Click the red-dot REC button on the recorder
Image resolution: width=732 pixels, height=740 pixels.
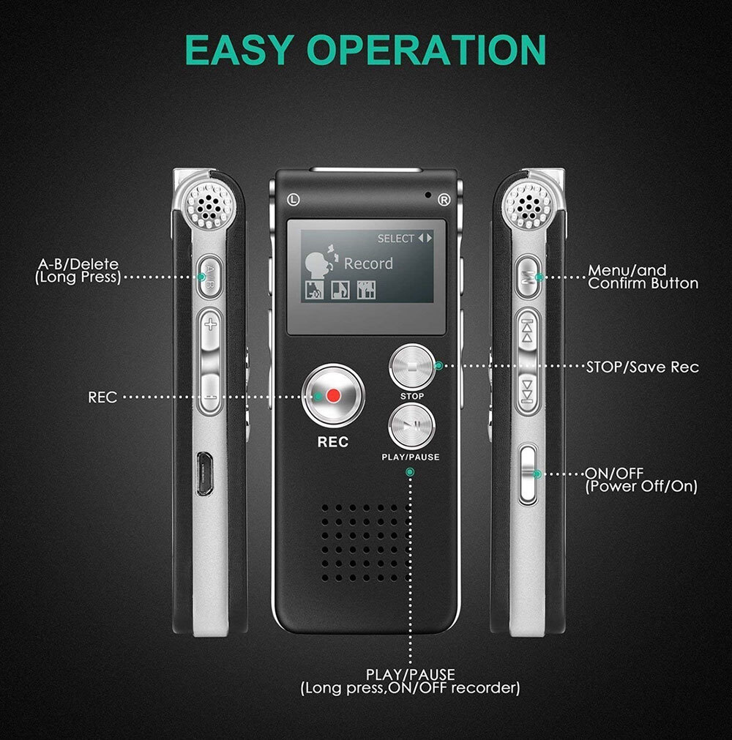click(334, 396)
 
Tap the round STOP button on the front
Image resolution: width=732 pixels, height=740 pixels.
click(412, 367)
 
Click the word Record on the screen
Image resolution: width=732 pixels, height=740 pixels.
click(368, 264)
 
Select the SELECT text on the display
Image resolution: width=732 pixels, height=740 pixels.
click(395, 239)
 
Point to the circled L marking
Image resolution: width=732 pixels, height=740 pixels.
click(293, 198)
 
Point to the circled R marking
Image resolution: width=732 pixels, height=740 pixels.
click(443, 198)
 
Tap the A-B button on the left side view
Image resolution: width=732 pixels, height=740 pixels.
click(209, 277)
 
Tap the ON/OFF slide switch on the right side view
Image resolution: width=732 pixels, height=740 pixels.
click(527, 474)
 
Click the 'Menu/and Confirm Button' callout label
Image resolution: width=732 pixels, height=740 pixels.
click(643, 277)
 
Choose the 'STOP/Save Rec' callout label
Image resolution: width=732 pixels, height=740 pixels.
click(642, 367)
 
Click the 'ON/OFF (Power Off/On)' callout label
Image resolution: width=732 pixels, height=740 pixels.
click(641, 479)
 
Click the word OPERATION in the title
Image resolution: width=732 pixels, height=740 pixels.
click(427, 50)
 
